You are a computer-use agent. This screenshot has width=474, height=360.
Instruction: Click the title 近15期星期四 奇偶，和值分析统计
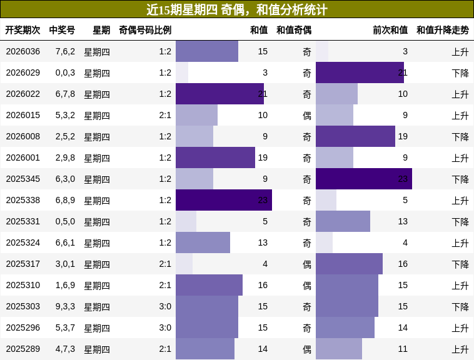tap(237, 9)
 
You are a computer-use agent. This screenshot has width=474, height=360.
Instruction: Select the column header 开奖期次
tap(23, 30)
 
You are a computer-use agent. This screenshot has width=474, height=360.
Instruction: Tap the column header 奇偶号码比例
tap(145, 30)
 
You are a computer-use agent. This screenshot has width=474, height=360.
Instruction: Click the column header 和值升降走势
tap(443, 30)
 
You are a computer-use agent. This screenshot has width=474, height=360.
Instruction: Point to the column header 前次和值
tap(390, 30)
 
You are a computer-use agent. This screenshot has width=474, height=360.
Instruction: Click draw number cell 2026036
tap(23, 51)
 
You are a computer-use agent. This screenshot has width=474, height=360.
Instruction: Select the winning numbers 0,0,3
tap(65, 72)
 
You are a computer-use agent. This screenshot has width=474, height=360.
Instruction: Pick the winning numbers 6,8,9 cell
tap(65, 200)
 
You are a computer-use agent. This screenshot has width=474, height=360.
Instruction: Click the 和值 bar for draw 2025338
tap(223, 200)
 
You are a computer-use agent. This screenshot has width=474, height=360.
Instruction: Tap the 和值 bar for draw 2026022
tap(219, 94)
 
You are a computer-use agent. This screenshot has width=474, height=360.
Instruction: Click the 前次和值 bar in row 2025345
tap(363, 179)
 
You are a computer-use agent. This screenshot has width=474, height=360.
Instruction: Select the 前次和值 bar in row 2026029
tap(360, 72)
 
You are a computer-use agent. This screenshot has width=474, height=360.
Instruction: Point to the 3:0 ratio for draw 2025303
tap(165, 306)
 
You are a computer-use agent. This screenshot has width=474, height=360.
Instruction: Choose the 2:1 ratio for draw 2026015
tap(165, 115)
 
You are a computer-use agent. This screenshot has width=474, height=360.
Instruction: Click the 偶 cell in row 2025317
tap(306, 264)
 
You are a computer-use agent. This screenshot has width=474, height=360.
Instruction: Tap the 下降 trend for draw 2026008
tap(460, 136)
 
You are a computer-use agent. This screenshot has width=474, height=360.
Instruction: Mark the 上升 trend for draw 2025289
tap(460, 349)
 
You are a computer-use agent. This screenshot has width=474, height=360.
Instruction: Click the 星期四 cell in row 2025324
tap(97, 242)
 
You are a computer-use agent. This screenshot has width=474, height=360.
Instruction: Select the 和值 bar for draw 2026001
tap(215, 157)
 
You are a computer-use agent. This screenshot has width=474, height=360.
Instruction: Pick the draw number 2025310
tap(23, 285)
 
